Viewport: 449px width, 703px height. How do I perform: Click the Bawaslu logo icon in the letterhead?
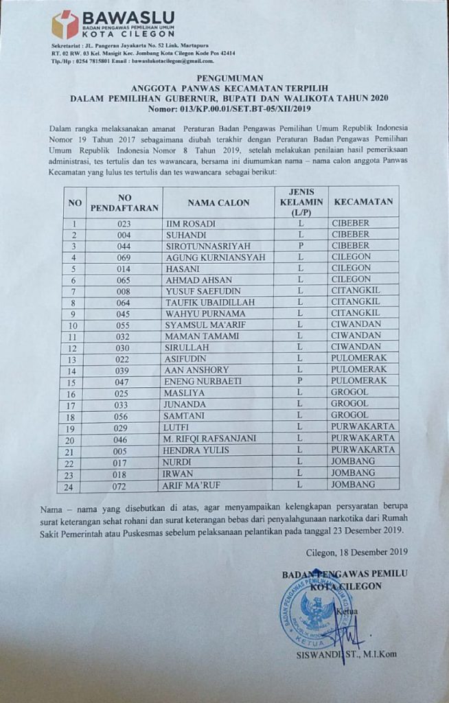coord(65,24)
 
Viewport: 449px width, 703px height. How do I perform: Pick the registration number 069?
coord(124,257)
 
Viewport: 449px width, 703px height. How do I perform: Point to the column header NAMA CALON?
coord(218,203)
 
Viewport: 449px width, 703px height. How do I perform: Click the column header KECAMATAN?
coord(364,202)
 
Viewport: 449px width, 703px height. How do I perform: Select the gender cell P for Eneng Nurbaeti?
coord(300,380)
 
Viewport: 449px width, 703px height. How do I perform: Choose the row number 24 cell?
coord(73,485)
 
